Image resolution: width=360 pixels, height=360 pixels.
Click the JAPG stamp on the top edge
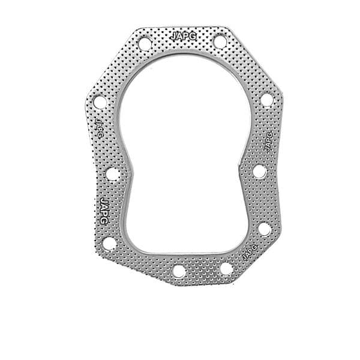[x=180, y=35]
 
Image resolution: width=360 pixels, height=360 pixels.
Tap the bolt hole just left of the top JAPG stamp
[x=145, y=43]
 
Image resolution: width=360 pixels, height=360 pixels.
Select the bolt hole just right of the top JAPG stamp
[x=220, y=42]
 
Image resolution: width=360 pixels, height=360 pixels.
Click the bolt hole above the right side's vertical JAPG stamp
[x=266, y=100]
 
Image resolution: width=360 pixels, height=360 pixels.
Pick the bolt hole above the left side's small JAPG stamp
[x=100, y=102]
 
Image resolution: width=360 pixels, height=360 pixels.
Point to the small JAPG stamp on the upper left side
[x=100, y=127]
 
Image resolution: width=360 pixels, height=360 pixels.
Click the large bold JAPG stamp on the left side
[x=104, y=210]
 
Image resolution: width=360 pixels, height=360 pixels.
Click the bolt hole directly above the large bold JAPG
[x=113, y=174]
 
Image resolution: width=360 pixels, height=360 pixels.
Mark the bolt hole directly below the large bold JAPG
[x=109, y=243]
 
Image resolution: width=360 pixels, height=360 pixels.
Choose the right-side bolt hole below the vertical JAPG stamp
[x=259, y=172]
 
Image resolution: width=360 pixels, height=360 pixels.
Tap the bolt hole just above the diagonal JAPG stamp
[x=264, y=229]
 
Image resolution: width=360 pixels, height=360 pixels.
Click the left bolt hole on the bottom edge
[x=179, y=271]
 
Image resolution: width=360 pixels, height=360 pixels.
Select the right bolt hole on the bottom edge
[x=226, y=268]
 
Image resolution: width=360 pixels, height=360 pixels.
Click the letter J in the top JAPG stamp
[x=173, y=35]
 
